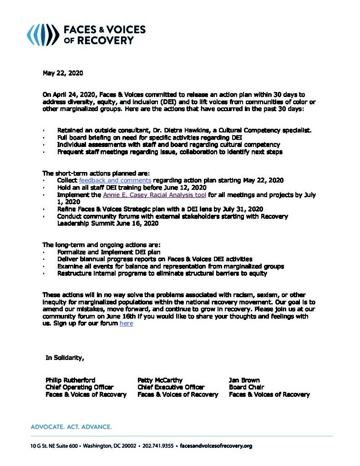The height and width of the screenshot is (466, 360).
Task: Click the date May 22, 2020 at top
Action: [x=63, y=73]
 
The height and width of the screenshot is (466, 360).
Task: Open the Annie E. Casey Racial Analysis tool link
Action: [x=155, y=195]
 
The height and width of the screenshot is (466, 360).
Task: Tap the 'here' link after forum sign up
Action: [x=126, y=323]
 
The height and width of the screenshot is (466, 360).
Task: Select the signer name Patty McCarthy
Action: [x=160, y=380]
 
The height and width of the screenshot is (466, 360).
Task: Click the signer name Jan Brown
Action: [x=244, y=380]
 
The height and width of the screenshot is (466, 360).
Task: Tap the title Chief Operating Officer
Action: [x=79, y=387]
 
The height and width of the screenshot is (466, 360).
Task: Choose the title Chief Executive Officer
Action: [x=171, y=387]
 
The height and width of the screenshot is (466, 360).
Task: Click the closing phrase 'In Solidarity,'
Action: [x=65, y=358]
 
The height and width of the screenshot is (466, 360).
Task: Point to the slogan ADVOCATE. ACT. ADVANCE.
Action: [x=71, y=427]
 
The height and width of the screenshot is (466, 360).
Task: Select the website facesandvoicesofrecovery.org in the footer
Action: [x=216, y=446]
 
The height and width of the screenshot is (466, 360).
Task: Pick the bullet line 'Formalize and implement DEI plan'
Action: [x=109, y=252]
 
